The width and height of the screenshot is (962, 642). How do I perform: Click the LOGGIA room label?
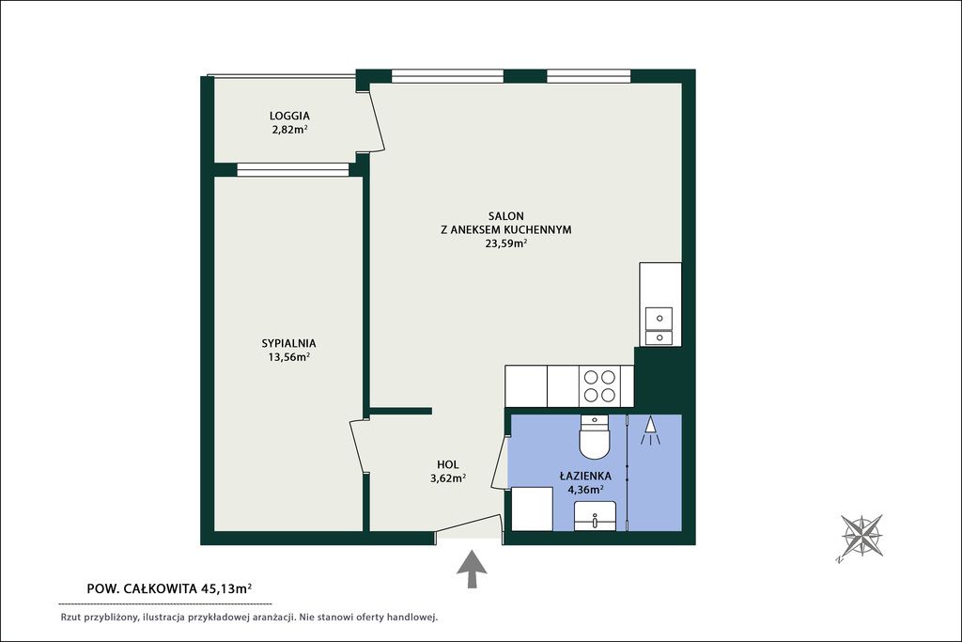(289, 116)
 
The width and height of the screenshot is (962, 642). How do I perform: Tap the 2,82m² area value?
(289, 130)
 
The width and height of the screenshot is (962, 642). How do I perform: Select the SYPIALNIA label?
(288, 344)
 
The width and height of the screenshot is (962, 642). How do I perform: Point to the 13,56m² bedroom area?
(288, 357)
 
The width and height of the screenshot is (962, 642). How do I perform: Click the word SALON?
(506, 216)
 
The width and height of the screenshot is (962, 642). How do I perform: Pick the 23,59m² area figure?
(506, 243)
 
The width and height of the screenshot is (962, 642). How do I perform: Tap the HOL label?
(448, 464)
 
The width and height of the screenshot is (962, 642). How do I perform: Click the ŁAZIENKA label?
(585, 476)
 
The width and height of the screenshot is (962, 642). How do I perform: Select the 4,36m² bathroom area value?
(585, 490)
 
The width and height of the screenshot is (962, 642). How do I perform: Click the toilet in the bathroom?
(595, 437)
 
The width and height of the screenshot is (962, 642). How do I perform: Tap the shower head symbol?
(650, 431)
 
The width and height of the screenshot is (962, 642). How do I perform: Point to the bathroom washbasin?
(595, 515)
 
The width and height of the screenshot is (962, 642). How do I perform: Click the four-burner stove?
(599, 386)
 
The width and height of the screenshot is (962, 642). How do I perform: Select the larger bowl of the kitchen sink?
(659, 318)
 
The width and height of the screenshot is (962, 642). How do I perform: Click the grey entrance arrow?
(472, 570)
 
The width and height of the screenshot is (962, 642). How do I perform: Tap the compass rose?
(861, 536)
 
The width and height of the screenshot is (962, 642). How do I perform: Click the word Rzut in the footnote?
(70, 618)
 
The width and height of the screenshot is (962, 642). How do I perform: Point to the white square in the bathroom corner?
(532, 509)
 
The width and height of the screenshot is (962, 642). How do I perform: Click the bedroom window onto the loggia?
(293, 170)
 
